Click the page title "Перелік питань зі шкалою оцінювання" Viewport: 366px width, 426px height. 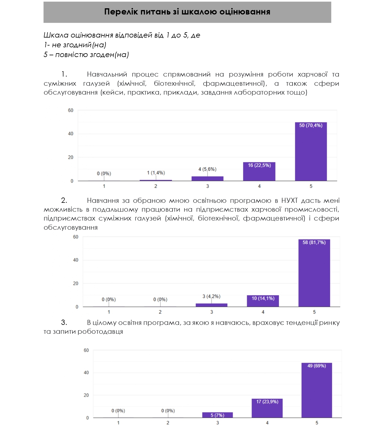tap(187, 12)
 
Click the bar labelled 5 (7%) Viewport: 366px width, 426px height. tap(217, 415)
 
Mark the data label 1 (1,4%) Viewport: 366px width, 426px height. tap(156, 173)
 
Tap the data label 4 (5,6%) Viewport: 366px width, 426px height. tap(207, 169)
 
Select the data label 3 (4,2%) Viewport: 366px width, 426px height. tap(211, 296)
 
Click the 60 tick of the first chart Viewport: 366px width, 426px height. tap(70, 110)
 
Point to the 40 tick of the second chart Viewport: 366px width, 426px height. tap(76, 260)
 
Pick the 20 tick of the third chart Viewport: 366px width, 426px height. tap(86, 395)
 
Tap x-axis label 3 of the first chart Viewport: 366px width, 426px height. tap(208, 186)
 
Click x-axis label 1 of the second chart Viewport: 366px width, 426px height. tap(109, 312)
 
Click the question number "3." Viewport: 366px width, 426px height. tap(64, 323)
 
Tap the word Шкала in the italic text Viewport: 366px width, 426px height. tap(56, 35)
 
